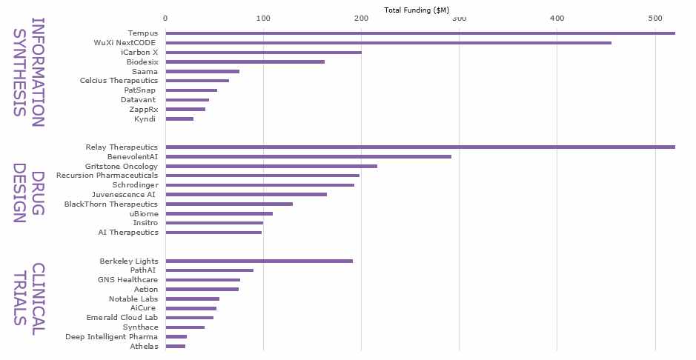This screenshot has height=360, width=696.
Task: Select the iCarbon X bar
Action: point(263,53)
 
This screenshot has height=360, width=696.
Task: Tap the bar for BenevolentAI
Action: point(308,157)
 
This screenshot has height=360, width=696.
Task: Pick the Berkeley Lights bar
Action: point(259,261)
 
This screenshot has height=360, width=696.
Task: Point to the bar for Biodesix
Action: point(245,62)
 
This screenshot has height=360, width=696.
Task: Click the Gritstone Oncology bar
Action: point(271,167)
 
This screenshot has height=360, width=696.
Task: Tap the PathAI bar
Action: point(209,270)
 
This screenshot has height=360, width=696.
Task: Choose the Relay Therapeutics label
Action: point(122,147)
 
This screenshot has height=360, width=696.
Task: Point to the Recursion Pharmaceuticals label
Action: point(107,176)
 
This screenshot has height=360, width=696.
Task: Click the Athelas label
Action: point(144,346)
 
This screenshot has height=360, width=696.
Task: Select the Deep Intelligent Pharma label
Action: point(111,336)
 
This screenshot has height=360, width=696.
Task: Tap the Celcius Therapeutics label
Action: point(119,81)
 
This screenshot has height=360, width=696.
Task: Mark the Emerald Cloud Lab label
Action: point(122,318)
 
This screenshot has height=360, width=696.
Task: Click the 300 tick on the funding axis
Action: point(459,18)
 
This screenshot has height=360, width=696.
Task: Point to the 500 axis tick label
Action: point(655,18)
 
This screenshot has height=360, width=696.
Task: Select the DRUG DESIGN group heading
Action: point(30,196)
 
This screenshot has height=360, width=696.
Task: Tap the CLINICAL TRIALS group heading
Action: point(30,294)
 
